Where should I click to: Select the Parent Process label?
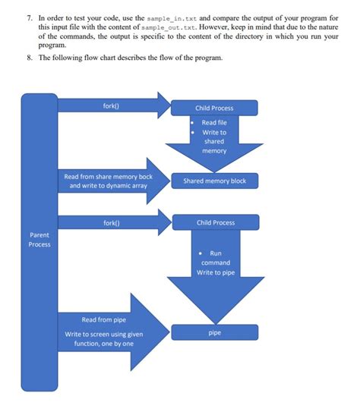pyautogui.click(x=39, y=240)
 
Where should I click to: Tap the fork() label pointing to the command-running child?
pyautogui.click(x=111, y=223)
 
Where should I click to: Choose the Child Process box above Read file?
pyautogui.click(x=215, y=109)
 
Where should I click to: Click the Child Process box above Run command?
pyautogui.click(x=215, y=223)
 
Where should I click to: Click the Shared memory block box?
pyautogui.click(x=215, y=181)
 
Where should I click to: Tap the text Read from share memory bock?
pyautogui.click(x=108, y=177)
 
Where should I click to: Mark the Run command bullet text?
pyautogui.click(x=215, y=258)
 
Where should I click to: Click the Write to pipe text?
pyautogui.click(x=215, y=272)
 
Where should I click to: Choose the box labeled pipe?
pyautogui.click(x=215, y=332)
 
